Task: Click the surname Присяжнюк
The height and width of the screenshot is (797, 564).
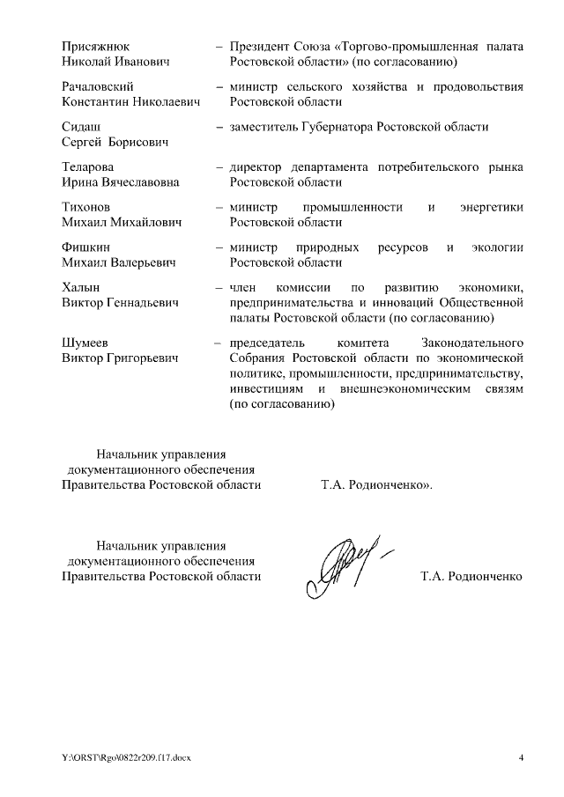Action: (93, 47)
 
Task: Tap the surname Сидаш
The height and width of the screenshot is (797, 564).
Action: (80, 127)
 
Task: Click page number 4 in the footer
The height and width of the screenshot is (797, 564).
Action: (520, 758)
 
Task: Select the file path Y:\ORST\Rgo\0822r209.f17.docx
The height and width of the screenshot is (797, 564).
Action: (125, 758)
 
